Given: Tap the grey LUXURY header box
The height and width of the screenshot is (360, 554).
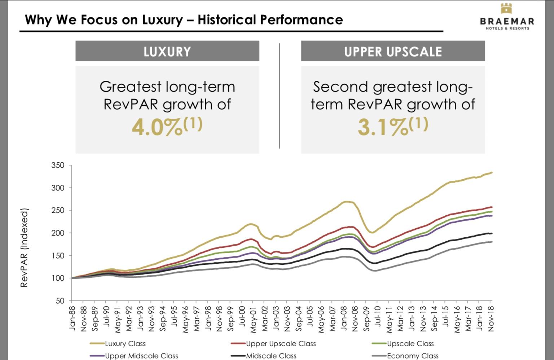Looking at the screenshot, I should pos(167,51).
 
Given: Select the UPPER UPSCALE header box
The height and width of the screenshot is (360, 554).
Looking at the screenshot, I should pos(393,51).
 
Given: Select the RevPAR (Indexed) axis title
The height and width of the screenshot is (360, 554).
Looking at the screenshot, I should pos(24,248).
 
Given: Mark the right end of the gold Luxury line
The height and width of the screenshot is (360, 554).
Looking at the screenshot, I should pos(492,172).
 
